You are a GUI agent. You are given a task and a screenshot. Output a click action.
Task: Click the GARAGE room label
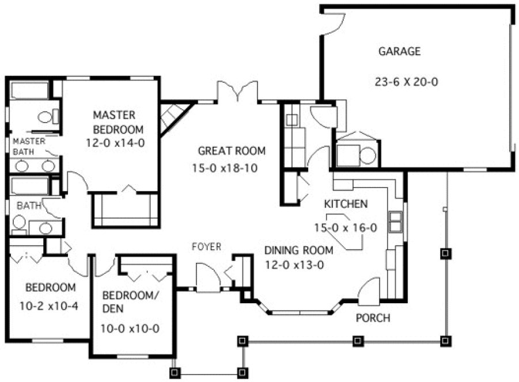(x=399, y=51)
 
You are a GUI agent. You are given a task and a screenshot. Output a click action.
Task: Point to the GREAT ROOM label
(x=232, y=151)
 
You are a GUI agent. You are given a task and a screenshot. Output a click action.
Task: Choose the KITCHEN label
(x=346, y=204)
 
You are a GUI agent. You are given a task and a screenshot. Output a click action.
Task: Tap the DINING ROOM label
(x=298, y=250)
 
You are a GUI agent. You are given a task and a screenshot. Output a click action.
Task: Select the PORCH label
(x=373, y=318)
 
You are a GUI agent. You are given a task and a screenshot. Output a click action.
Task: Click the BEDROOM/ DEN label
(x=130, y=304)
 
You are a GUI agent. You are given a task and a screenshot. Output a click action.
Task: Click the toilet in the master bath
(x=46, y=117)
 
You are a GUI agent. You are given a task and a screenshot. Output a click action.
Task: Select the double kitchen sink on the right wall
(x=395, y=221)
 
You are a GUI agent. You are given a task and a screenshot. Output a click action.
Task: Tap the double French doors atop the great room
(x=237, y=92)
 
